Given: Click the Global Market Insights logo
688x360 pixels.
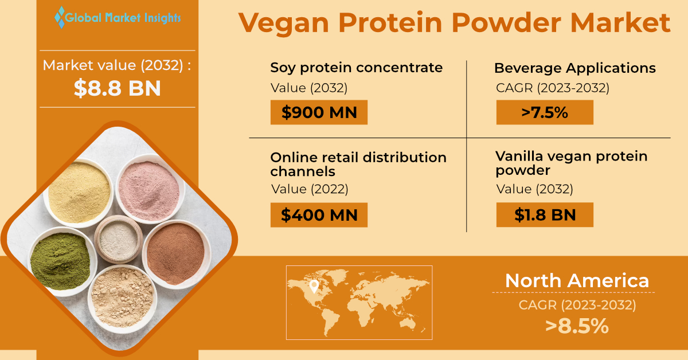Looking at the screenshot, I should [x=118, y=17].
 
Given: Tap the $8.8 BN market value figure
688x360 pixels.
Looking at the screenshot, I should [x=118, y=88].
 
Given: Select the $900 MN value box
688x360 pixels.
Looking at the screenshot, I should [x=319, y=112].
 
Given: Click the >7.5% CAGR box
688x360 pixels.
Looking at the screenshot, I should [x=544, y=112].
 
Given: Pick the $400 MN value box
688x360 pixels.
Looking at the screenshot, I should [x=319, y=215].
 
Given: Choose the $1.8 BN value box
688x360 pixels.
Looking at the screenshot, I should [x=544, y=215].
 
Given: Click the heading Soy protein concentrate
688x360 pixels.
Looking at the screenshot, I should [x=356, y=68].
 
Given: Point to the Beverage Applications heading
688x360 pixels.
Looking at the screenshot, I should [x=574, y=68].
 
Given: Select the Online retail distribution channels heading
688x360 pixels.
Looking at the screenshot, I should [x=358, y=164].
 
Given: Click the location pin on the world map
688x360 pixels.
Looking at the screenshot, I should [x=313, y=285].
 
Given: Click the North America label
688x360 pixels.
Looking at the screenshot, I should [x=577, y=280].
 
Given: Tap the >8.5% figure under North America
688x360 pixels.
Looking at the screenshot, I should [x=577, y=326].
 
